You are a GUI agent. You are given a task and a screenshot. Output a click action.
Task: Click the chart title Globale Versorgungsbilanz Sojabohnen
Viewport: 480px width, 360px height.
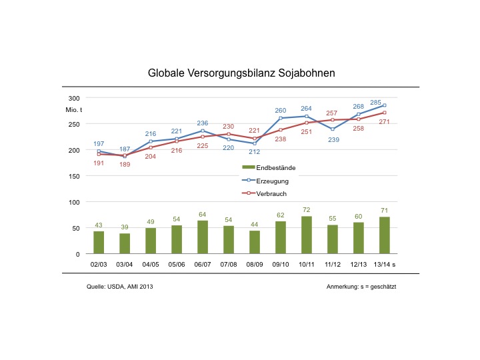pos(241,72)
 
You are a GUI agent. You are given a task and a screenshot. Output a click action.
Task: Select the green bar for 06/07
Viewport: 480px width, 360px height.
pos(203,237)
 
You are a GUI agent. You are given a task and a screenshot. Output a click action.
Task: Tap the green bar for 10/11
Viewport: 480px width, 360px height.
pos(307,235)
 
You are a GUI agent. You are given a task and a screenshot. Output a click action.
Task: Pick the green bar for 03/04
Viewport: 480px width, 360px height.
pos(125,244)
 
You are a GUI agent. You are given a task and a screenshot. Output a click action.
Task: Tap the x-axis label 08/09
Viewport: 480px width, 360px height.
pos(255,265)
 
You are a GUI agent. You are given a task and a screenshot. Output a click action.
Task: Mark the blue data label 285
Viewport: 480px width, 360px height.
pos(376,103)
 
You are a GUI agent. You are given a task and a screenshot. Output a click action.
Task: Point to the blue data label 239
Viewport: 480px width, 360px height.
pos(333,140)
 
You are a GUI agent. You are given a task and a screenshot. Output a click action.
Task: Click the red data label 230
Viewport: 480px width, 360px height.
pos(228,127)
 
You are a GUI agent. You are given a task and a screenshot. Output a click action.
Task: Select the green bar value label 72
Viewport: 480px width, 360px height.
pos(307,210)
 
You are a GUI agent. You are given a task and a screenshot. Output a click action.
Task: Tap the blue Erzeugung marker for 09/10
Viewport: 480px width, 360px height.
pos(281,118)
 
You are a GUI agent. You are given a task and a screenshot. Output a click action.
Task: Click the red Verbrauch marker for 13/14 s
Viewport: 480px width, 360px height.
pos(385,113)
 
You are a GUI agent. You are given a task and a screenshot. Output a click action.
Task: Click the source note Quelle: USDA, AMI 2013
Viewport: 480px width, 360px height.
pos(124,287)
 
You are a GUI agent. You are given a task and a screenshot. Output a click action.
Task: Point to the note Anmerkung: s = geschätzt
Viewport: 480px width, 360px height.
pos(362,287)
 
